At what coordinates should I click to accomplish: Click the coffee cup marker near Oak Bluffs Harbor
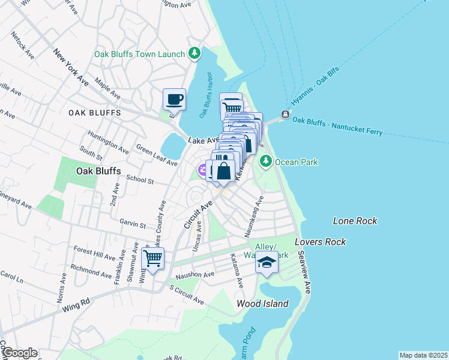174,100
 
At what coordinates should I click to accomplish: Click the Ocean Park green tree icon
265,161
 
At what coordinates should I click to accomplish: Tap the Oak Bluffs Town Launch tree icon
194,54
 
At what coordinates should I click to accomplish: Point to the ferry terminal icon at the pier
285,115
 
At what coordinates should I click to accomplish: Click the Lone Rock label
355,221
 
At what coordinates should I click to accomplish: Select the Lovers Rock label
321,242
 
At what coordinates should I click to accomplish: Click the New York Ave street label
71,67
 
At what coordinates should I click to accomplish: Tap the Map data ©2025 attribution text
423,355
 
